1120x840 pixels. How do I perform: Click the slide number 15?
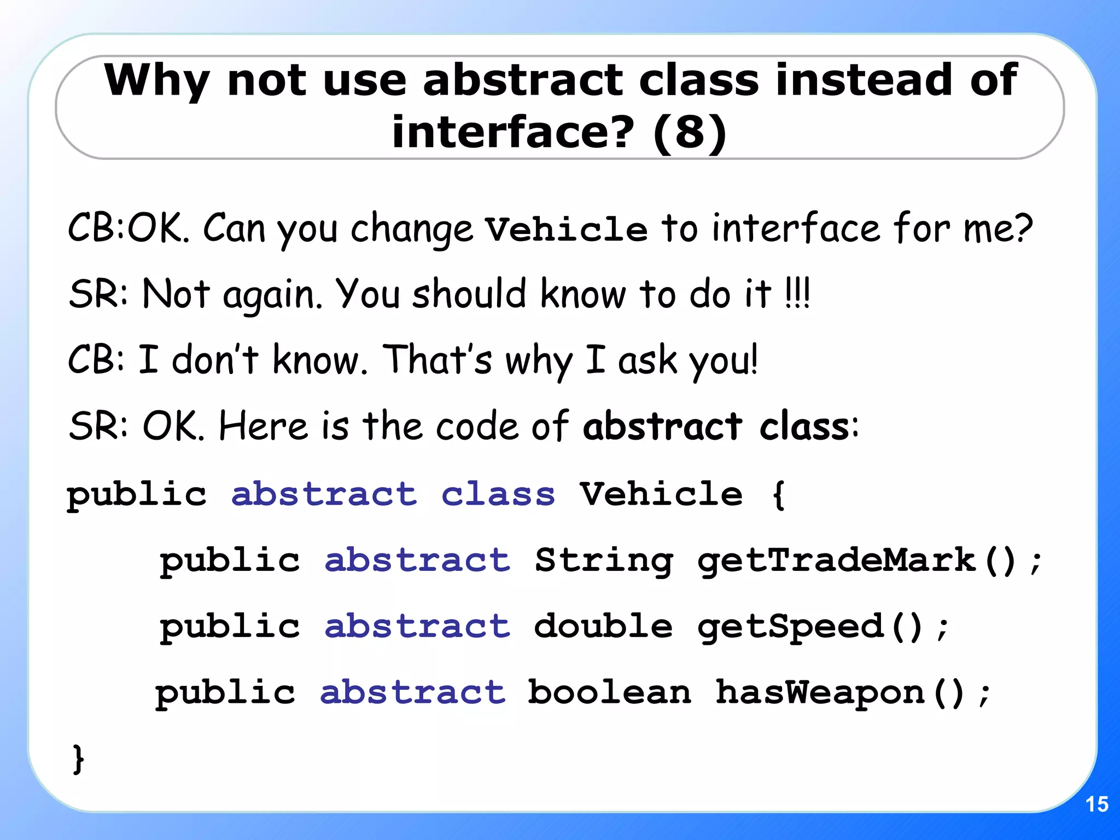(1096, 804)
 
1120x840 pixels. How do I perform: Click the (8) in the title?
(690, 132)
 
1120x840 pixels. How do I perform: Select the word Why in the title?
(157, 81)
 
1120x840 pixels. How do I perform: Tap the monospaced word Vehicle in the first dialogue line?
(567, 229)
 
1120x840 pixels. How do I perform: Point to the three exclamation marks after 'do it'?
(797, 294)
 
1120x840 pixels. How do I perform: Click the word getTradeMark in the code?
(837, 560)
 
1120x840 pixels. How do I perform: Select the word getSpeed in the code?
(790, 626)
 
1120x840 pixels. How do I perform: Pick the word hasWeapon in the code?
(820, 692)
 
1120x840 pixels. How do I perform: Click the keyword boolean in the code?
(609, 692)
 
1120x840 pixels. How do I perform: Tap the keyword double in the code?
(603, 626)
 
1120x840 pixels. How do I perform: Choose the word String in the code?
(604, 561)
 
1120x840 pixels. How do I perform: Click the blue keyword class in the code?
(498, 494)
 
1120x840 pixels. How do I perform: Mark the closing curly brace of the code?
(78, 759)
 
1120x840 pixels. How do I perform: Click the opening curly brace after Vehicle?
(778, 494)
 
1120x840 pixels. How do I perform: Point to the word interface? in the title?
(513, 132)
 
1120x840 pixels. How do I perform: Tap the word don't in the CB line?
(215, 360)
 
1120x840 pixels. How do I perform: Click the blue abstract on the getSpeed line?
(417, 626)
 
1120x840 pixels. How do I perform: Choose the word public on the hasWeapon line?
(225, 693)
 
